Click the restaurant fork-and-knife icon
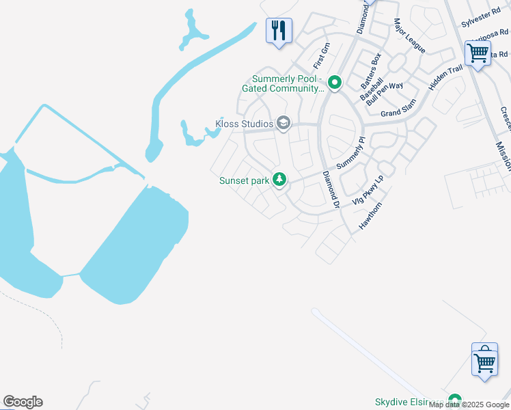click(x=279, y=31)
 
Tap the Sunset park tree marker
click(x=279, y=180)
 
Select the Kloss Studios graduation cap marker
click(x=284, y=124)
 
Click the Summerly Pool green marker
click(x=335, y=83)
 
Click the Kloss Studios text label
click(x=245, y=124)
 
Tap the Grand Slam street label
click(x=399, y=112)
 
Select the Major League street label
click(x=409, y=36)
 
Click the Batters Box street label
click(x=371, y=71)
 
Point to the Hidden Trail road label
click(x=445, y=78)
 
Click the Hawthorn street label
click(x=370, y=216)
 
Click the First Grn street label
click(x=321, y=56)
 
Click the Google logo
click(x=23, y=402)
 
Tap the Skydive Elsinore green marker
click(x=454, y=400)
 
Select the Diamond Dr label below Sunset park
click(x=331, y=189)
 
